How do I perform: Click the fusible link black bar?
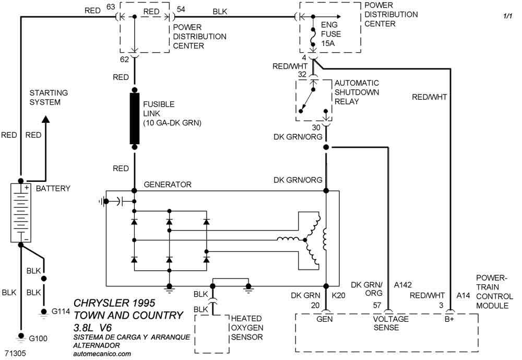click(135, 118)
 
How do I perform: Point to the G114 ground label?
click(60, 311)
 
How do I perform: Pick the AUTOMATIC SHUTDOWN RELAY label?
click(357, 92)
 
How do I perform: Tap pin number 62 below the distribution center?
click(124, 59)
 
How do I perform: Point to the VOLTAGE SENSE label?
click(391, 323)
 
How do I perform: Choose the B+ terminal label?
click(449, 318)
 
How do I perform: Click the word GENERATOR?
click(167, 184)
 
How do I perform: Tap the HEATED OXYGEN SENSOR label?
click(246, 328)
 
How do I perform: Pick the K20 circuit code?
click(339, 296)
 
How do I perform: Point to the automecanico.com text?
click(102, 353)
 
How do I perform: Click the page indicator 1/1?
click(507, 17)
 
